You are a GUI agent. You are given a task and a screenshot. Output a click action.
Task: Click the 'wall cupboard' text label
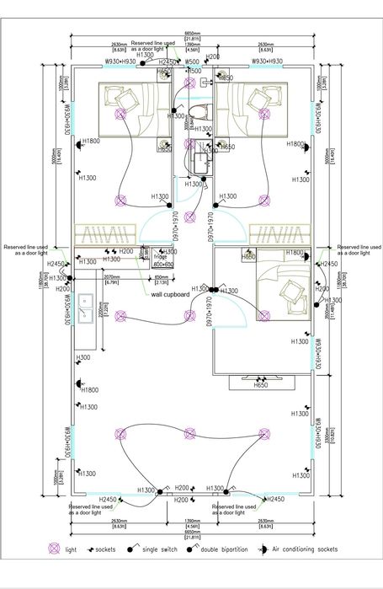(169, 295)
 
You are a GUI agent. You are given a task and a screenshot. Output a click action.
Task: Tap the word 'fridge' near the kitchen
(160, 257)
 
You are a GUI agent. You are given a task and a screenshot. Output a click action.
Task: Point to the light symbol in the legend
(55, 549)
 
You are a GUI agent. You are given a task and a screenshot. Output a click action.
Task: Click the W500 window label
(192, 62)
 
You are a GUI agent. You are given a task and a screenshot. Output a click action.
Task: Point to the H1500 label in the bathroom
(194, 72)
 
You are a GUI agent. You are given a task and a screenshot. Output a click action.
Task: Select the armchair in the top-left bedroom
(127, 100)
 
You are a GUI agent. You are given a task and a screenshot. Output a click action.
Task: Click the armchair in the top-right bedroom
(258, 100)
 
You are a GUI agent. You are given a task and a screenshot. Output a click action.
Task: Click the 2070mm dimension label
(111, 275)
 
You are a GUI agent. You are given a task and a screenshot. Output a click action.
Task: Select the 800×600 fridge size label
(162, 264)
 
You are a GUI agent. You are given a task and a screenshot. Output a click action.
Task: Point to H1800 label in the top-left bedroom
(91, 141)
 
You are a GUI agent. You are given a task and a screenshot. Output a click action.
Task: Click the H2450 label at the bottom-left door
(108, 500)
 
